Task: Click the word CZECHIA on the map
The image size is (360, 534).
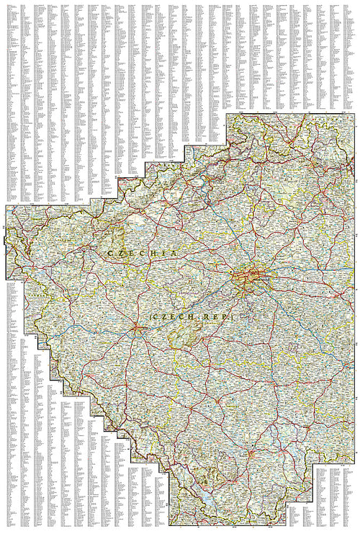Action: pyautogui.click(x=141, y=254)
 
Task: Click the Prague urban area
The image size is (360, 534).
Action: pyautogui.click(x=251, y=277)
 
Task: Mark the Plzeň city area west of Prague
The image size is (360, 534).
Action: pyautogui.click(x=138, y=331)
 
